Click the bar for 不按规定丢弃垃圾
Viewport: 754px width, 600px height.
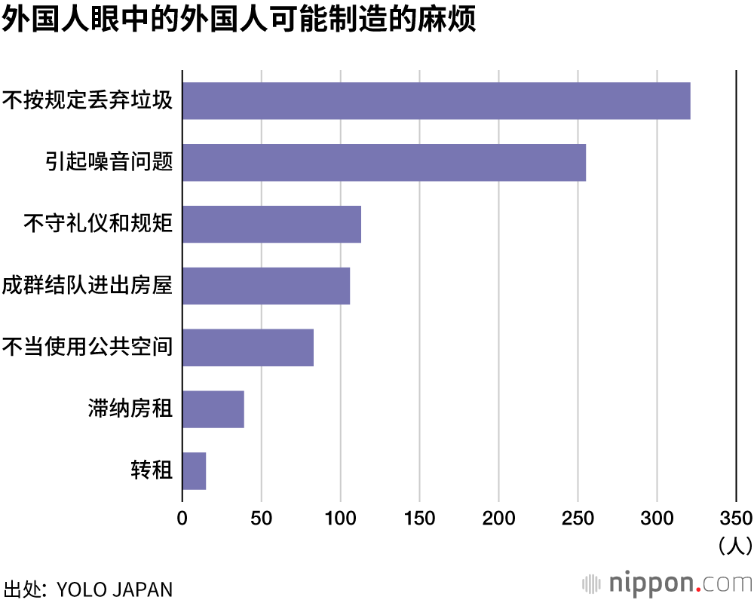(x=436, y=100)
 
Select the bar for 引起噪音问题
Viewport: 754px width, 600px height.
(x=384, y=162)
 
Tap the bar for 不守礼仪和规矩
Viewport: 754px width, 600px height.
(x=271, y=224)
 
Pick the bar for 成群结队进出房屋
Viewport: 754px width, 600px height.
(x=266, y=286)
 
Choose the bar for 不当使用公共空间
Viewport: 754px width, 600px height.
(x=247, y=347)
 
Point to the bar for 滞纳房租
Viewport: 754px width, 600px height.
(x=213, y=409)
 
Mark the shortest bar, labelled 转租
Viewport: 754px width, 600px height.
(x=194, y=471)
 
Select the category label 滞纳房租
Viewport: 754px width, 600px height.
(x=130, y=409)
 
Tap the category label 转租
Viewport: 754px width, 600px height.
(x=152, y=471)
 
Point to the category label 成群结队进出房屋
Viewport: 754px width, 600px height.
(x=87, y=286)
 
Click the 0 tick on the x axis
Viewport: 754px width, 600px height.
(x=182, y=518)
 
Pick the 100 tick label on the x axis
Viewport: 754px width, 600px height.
(x=340, y=518)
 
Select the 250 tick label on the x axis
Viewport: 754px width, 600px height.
(x=578, y=518)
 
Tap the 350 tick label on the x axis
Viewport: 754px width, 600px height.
(x=736, y=518)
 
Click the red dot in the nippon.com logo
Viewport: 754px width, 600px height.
(x=697, y=589)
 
